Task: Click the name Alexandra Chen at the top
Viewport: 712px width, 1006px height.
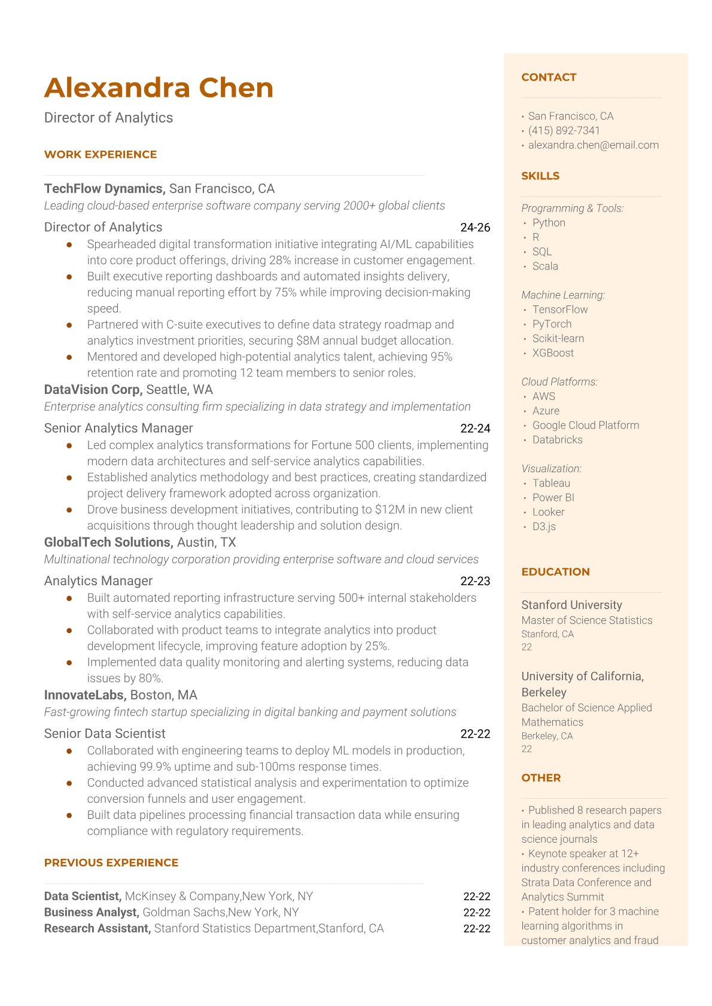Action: click(x=159, y=88)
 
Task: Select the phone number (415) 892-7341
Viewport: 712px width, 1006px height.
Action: click(x=564, y=130)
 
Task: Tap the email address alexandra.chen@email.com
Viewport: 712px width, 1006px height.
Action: click(x=593, y=145)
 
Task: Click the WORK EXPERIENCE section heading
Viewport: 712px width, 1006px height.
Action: click(x=101, y=154)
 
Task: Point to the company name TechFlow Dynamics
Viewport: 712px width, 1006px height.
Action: click(x=104, y=189)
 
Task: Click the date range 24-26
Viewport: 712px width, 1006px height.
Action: click(x=475, y=228)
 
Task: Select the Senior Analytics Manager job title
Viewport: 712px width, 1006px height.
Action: click(x=118, y=428)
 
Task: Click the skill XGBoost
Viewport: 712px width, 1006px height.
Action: click(x=553, y=353)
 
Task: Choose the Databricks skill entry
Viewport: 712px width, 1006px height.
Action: click(x=557, y=439)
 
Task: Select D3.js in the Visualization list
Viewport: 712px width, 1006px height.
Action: click(x=544, y=527)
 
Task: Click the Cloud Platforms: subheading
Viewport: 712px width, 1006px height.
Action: click(x=559, y=382)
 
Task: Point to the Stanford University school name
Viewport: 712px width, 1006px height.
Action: click(x=571, y=605)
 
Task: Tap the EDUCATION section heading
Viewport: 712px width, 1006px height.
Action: click(x=555, y=571)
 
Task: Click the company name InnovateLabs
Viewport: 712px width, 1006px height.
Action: click(x=84, y=695)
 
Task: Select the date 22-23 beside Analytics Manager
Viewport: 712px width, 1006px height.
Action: click(x=475, y=581)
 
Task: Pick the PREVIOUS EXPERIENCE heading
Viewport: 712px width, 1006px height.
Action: click(x=111, y=863)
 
